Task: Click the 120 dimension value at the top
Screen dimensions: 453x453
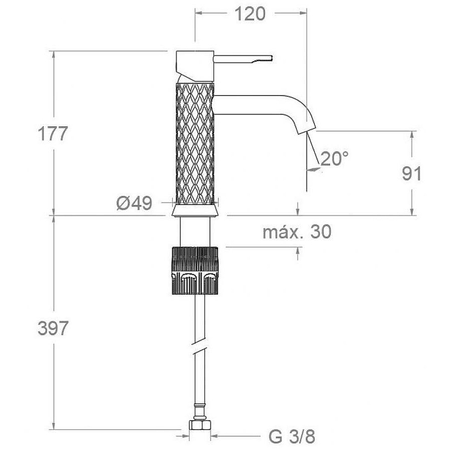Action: [250, 14]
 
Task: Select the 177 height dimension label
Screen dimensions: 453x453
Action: [53, 134]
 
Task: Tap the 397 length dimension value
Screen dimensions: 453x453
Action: [53, 328]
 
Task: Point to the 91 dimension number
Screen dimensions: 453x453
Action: [412, 173]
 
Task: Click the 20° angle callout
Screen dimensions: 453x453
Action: [334, 159]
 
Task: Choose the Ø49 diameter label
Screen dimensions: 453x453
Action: [134, 203]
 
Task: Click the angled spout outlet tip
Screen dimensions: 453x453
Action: [306, 130]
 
